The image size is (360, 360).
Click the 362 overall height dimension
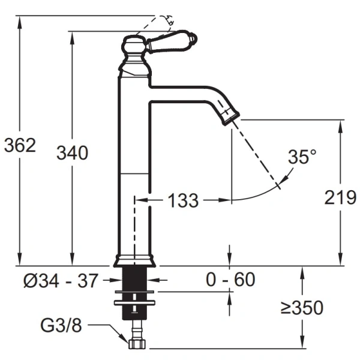click(20, 145)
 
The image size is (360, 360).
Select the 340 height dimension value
click(73, 152)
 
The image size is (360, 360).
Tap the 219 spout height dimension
click(340, 197)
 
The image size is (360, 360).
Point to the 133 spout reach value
click(183, 200)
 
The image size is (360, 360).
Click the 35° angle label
click(302, 157)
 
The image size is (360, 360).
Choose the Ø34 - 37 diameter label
click(61, 280)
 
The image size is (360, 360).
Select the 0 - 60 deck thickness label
click(230, 280)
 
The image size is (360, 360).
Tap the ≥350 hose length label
click(302, 308)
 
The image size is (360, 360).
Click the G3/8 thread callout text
click(61, 325)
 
